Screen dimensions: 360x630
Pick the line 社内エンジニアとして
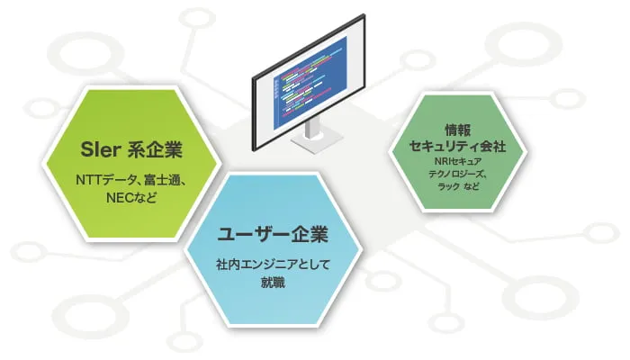(271, 266)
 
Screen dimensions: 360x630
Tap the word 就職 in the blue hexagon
(271, 283)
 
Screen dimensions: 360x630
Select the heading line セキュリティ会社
(457, 145)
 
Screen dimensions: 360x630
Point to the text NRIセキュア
(457, 161)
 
